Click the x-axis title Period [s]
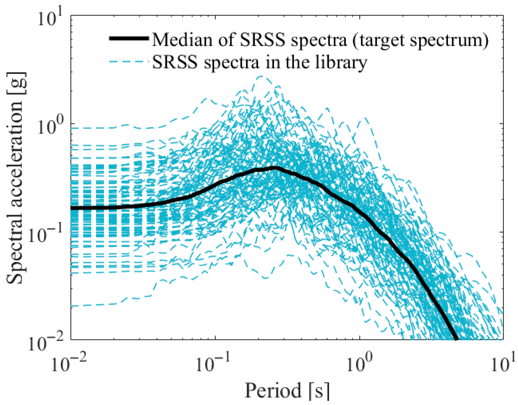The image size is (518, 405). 287,391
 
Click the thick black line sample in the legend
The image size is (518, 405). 129,38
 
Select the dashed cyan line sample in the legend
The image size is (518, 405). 129,62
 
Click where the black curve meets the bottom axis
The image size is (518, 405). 455,339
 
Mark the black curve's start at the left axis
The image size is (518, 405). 72,208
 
